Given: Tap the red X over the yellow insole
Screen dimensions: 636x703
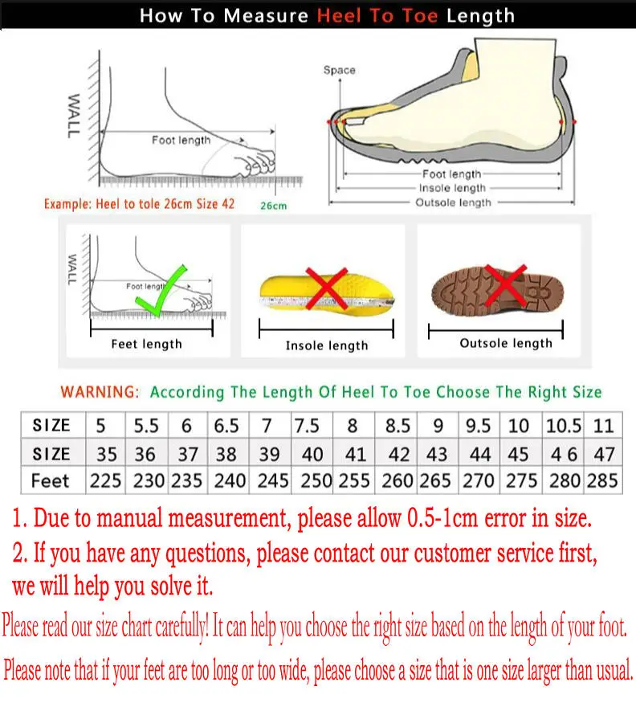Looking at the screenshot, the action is point(327,288).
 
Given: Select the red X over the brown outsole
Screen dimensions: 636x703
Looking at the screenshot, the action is point(505,284).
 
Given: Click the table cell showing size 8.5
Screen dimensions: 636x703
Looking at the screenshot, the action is point(397,425).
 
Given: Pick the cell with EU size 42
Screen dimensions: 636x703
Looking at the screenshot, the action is point(398,454).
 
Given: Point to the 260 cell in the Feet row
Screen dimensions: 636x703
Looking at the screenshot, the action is point(397,480).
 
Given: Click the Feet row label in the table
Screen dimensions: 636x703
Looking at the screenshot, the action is point(51,480).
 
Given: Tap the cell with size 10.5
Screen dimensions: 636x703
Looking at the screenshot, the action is point(564,425).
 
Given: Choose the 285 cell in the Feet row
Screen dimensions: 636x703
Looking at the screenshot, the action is point(603,480).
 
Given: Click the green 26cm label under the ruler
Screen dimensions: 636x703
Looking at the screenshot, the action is point(273,206).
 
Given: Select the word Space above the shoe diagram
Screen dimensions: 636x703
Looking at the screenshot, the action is point(340,70).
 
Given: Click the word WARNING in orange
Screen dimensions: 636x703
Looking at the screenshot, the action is point(100,392).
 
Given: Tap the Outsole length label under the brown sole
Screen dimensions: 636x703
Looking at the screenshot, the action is point(506,343).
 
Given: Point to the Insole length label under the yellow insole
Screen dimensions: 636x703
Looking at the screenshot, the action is point(327,345).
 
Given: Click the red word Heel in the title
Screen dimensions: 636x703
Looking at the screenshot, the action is point(340,16).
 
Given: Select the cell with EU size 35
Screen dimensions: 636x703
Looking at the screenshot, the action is point(107,454).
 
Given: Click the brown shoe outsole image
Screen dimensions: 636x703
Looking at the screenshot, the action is point(498,291).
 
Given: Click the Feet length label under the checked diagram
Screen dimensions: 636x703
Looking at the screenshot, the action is point(147,344).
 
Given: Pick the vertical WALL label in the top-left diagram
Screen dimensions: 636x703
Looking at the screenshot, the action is point(74,116).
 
